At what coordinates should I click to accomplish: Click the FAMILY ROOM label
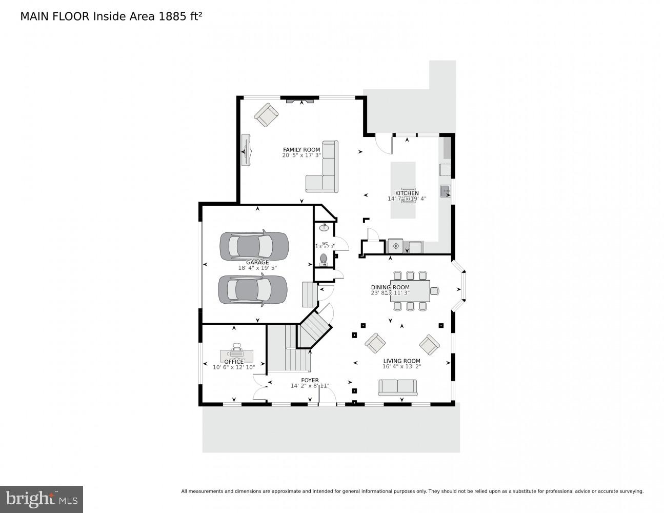pyautogui.click(x=301, y=150)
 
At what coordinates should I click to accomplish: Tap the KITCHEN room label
pyautogui.click(x=407, y=193)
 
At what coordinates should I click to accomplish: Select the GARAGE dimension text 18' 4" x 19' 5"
pyautogui.click(x=257, y=268)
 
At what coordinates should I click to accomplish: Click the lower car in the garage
pyautogui.click(x=253, y=290)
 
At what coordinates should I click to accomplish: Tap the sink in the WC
pyautogui.click(x=324, y=227)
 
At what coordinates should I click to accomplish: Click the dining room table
pyautogui.click(x=410, y=291)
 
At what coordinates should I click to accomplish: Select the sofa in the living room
pyautogui.click(x=397, y=387)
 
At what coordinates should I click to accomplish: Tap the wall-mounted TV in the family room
pyautogui.click(x=246, y=150)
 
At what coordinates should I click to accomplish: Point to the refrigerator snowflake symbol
pyautogui.click(x=395, y=246)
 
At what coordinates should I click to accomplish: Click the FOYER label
pyautogui.click(x=310, y=380)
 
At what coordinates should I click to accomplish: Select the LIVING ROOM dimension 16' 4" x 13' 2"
pyautogui.click(x=401, y=367)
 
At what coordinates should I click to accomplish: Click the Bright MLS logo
pyautogui.click(x=42, y=499)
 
